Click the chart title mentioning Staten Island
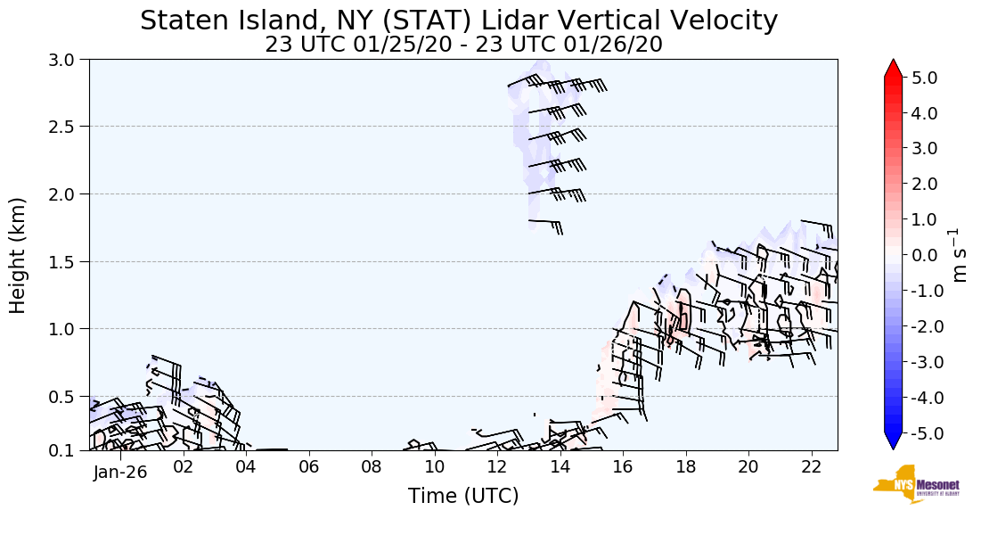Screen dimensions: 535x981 459,21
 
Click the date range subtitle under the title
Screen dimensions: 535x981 463,45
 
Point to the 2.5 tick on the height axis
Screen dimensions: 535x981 67,127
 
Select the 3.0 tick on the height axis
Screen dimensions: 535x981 67,60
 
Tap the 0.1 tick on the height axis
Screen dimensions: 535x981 67,450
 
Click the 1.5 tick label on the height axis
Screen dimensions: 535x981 67,261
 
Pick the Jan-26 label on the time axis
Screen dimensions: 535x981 119,473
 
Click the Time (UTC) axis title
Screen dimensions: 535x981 463,497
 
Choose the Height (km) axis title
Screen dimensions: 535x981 19,255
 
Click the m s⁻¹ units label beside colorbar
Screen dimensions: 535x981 961,255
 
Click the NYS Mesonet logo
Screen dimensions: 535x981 903,484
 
